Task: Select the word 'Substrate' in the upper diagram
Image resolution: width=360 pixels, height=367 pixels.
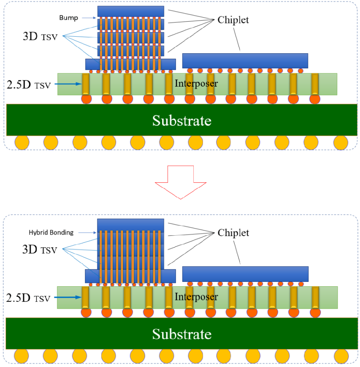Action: click(182, 120)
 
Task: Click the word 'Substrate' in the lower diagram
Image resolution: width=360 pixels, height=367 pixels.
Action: click(182, 334)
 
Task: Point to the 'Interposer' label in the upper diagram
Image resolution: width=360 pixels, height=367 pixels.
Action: click(196, 83)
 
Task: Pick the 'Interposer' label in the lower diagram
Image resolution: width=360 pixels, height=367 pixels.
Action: click(196, 297)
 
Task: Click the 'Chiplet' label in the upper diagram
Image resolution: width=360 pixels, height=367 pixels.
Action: click(233, 20)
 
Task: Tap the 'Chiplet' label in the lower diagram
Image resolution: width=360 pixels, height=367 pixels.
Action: click(233, 233)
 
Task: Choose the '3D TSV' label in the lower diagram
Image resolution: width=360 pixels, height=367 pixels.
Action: click(40, 250)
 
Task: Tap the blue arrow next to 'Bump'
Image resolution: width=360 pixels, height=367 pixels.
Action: click(89, 17)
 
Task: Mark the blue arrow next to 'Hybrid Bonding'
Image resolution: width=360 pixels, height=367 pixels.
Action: click(88, 232)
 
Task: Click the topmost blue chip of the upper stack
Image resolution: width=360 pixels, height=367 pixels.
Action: click(131, 11)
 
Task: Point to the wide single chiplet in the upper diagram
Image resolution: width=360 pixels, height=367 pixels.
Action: click(245, 61)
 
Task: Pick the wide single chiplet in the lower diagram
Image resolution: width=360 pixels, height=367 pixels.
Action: click(245, 274)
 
